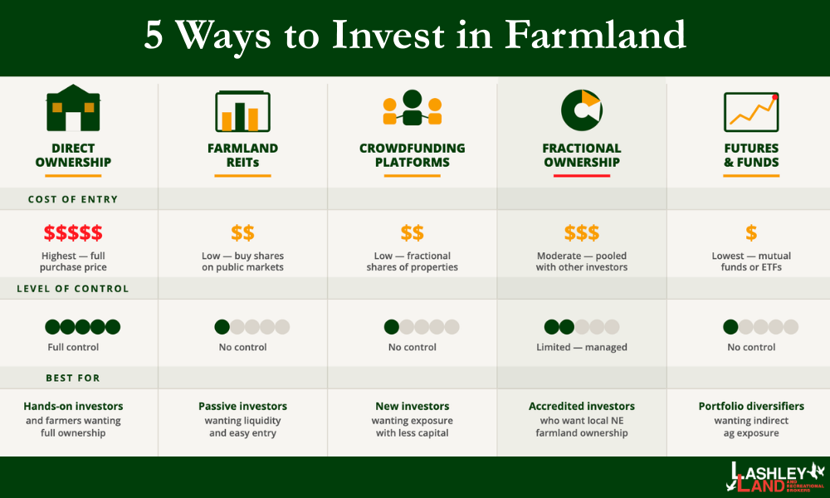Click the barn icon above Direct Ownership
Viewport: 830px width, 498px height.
pos(73,108)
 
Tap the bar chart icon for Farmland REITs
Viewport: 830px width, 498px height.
pos(242,110)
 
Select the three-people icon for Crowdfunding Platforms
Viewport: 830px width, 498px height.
pos(412,109)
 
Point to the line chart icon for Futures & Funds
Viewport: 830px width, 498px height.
pos(751,110)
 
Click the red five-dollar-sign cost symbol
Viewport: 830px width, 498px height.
pos(73,232)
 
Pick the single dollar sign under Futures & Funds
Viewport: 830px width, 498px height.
pos(751,232)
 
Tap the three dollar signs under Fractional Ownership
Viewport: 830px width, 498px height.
pos(581,232)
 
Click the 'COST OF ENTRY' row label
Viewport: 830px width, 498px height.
pos(73,199)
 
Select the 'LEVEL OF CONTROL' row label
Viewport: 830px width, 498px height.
pos(73,289)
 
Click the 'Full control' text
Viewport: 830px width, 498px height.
pos(73,347)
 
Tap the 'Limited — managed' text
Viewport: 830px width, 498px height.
pos(581,347)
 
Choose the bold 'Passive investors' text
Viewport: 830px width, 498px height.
pos(242,407)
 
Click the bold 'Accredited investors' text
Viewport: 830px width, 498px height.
pos(581,407)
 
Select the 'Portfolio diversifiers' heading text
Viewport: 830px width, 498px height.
pos(751,407)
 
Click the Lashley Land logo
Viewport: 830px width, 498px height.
pos(776,478)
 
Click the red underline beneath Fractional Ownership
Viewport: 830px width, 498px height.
pos(581,175)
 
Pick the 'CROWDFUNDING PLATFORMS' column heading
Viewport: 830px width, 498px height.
pos(412,155)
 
